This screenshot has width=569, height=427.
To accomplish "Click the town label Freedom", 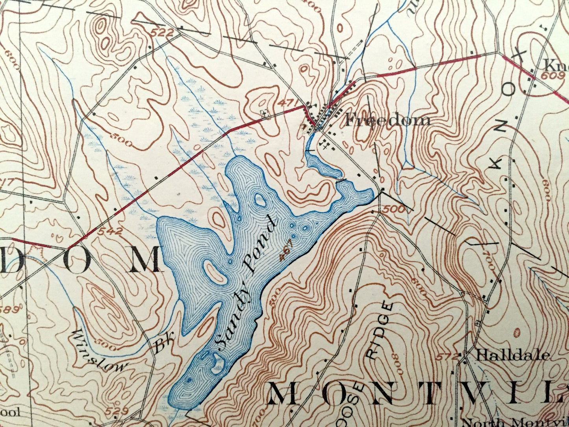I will coord(387,120).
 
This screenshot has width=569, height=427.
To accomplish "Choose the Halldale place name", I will coord(512,355).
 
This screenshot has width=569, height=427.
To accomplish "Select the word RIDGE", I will coord(380,330).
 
